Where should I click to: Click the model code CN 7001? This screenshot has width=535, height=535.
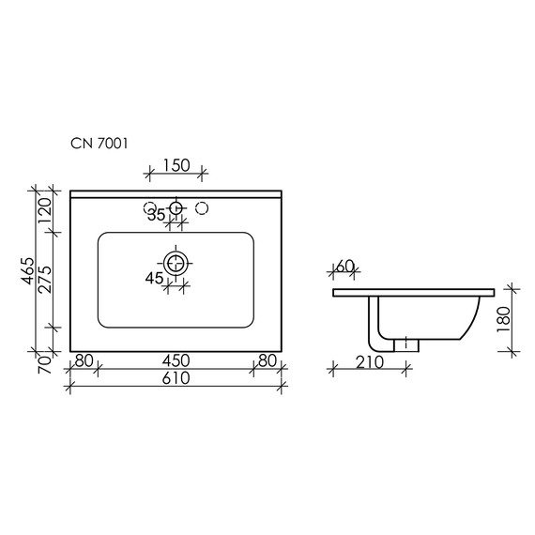99,144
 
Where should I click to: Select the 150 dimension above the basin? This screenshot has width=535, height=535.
176,165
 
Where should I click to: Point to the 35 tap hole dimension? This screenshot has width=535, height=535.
156,215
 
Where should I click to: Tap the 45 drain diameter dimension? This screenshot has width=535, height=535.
154,277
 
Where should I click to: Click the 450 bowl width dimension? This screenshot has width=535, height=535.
176,360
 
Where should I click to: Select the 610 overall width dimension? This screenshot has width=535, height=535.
176,378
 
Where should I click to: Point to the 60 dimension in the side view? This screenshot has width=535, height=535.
344,267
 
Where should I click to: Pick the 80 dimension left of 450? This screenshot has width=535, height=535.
84,360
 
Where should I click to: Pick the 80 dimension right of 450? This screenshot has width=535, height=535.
267,360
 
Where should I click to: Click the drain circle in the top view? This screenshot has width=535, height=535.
176,264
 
